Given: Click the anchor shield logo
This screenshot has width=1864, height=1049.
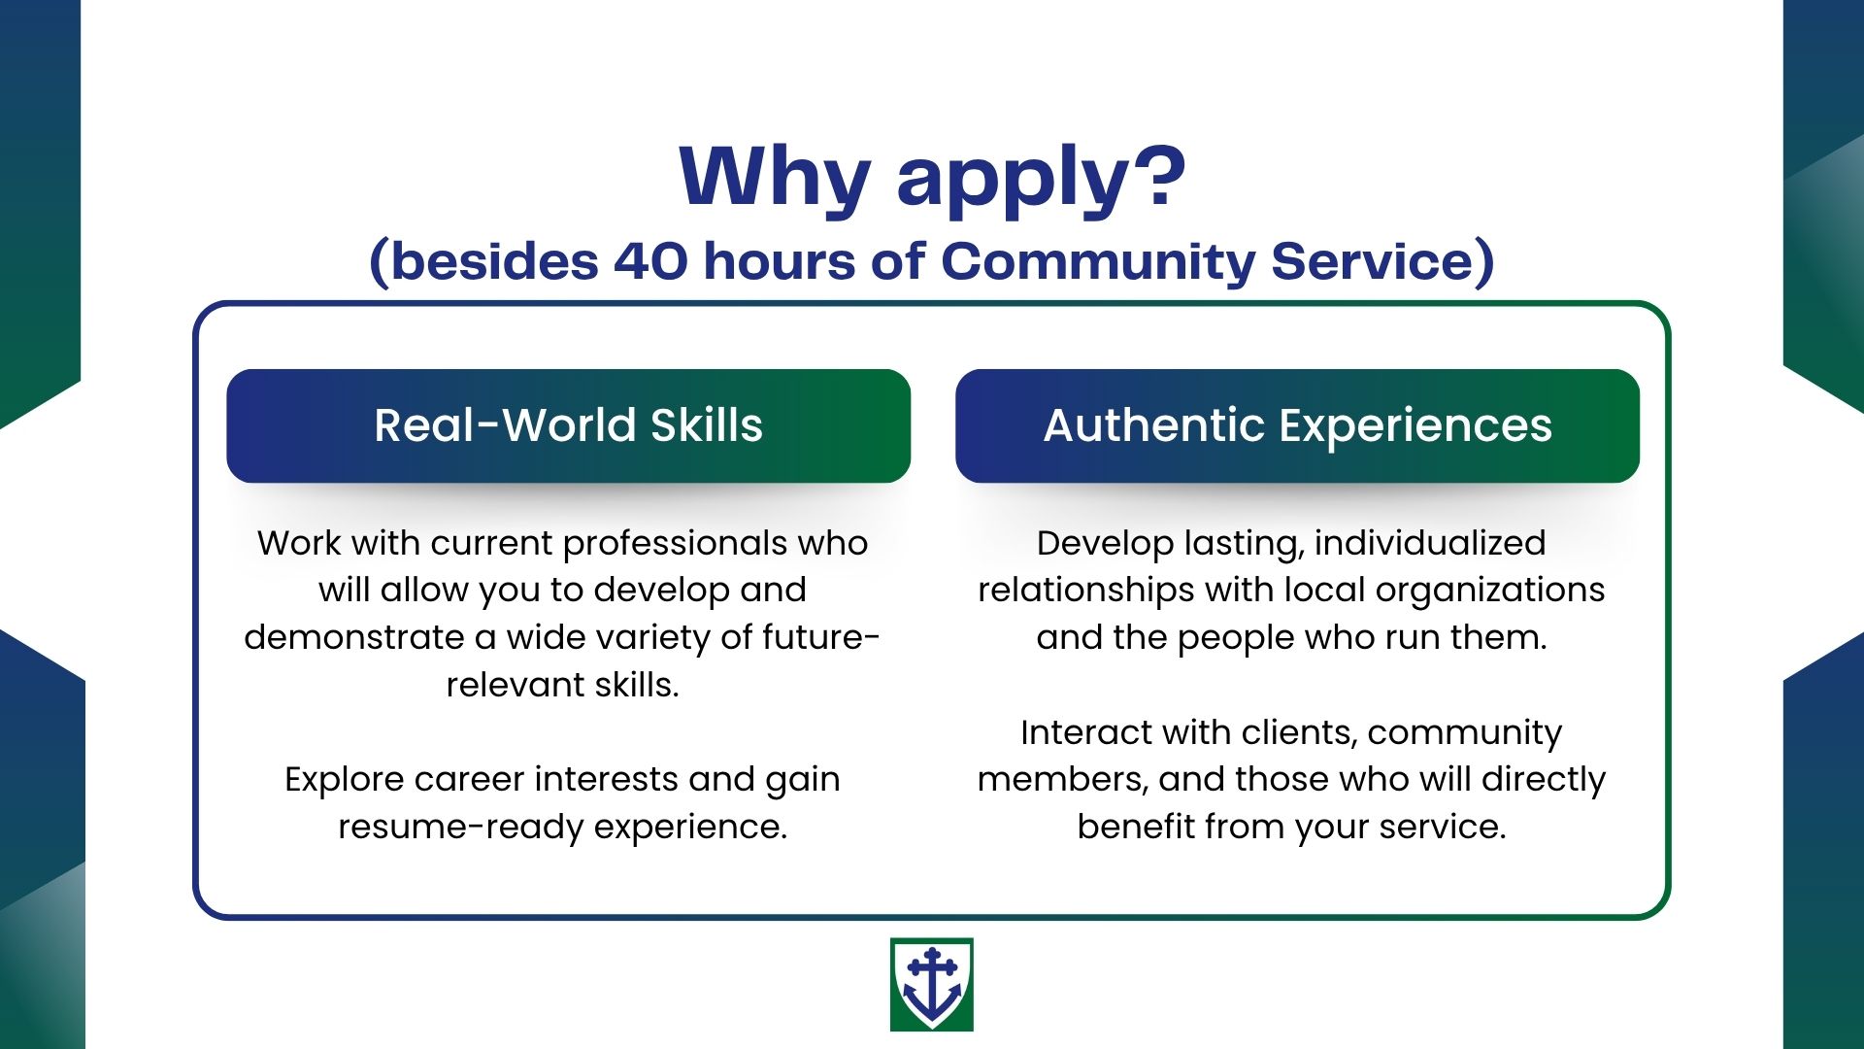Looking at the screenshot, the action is coord(931,984).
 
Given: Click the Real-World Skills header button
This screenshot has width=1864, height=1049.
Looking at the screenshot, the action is coord(569,425).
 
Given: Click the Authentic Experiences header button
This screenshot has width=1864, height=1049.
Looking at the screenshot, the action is coord(1297,425).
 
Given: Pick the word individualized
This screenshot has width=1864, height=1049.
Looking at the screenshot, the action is coord(1430,543).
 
